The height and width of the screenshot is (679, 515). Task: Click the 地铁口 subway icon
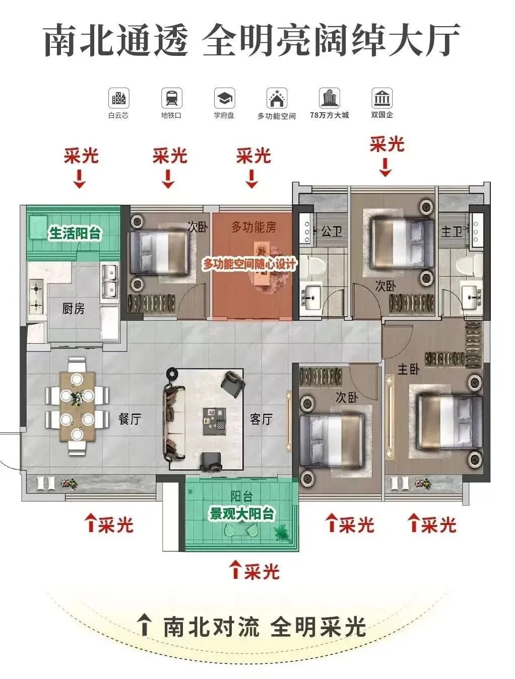coord(171,98)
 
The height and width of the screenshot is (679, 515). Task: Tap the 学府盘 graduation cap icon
coord(224,98)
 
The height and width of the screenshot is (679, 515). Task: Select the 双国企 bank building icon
coord(381,98)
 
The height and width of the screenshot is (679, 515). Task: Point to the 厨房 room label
coord(74,309)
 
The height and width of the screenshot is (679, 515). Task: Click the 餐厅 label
coord(130,419)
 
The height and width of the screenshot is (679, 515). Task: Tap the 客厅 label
coord(261,419)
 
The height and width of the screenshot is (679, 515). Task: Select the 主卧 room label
coord(408,370)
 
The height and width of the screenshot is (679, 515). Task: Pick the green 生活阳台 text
coord(75,234)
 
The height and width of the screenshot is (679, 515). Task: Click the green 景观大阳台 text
coord(242,514)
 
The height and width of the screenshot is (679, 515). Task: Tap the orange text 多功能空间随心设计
coord(249,263)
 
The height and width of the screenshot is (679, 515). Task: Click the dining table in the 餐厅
coord(77,406)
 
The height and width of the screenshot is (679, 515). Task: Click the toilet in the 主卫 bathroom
coord(464,265)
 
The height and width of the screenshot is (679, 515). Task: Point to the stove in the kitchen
coord(36,296)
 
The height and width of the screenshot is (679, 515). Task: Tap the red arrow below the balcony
coord(235,569)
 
